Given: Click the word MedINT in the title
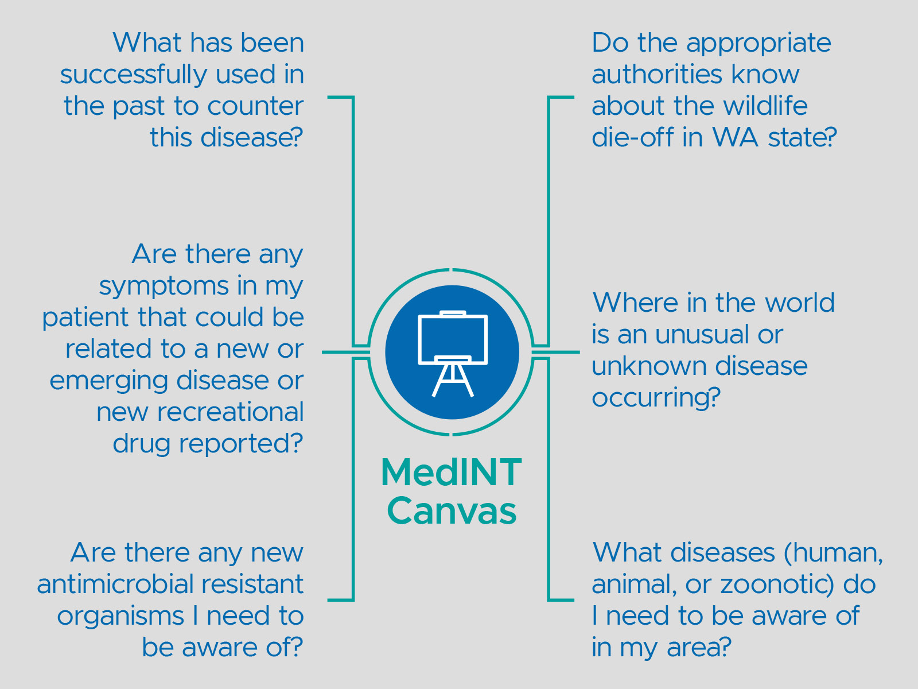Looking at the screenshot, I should tap(451, 473).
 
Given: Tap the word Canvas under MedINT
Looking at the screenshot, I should tap(452, 511).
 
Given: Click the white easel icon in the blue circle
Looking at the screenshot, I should tap(453, 353).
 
